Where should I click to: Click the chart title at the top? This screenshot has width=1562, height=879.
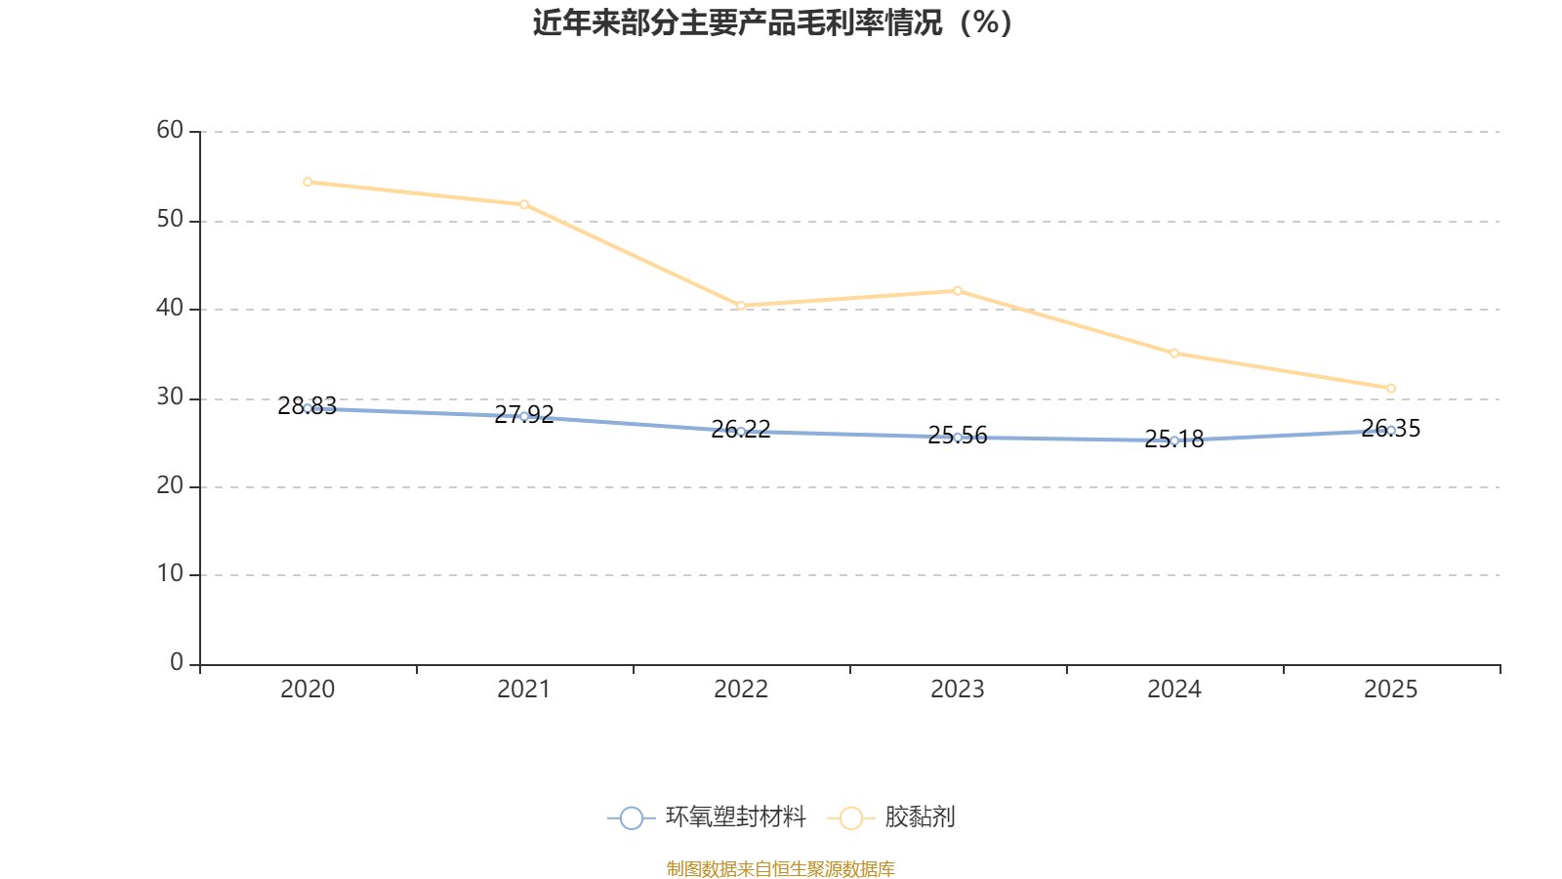tap(772, 23)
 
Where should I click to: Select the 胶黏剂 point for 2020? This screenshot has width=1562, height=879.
tap(308, 182)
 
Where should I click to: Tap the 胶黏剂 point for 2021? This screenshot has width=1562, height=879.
tap(524, 204)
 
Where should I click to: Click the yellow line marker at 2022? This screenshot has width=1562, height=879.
tap(741, 306)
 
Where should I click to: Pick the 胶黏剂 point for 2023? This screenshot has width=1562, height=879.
tap(958, 290)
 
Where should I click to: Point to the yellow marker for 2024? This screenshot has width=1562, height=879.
tap(1174, 353)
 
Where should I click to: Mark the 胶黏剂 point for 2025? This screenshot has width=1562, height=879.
tap(1391, 388)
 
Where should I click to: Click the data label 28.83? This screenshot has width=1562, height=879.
tap(307, 406)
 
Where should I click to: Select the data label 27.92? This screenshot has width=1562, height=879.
tap(524, 414)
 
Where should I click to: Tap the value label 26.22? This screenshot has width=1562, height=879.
tap(741, 429)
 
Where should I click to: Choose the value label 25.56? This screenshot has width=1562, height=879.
tap(958, 436)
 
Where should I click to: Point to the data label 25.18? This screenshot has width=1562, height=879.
tap(1174, 439)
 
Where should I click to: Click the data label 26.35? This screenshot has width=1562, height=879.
tap(1391, 429)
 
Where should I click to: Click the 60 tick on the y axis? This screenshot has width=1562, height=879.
tap(170, 130)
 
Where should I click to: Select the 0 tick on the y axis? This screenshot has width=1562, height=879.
tap(177, 662)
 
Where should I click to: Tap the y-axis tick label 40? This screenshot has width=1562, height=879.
tap(170, 308)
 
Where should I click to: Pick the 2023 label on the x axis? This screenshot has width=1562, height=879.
tap(958, 690)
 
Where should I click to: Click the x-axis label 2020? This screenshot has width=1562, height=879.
tap(308, 690)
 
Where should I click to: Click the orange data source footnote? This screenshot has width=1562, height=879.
tap(780, 868)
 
